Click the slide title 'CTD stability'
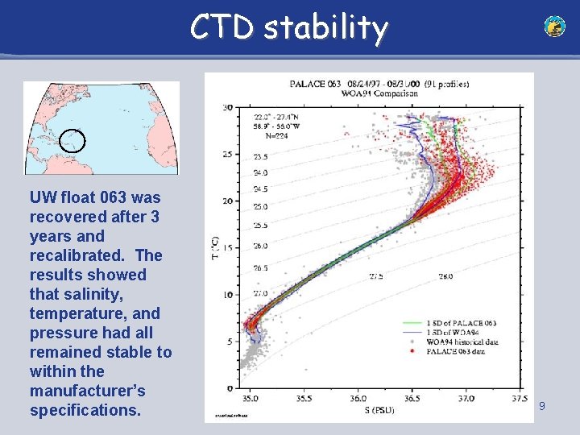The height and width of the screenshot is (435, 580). pos(289,27)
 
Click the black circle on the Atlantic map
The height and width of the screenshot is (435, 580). pos(72,141)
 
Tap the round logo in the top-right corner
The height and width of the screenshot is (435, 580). pos(554,27)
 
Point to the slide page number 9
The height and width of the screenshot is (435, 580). pos(542,407)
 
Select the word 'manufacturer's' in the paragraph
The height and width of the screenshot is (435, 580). pos(87,391)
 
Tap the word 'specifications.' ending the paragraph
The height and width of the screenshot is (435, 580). pos(85,410)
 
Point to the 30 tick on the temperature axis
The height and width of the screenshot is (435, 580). pos(228,107)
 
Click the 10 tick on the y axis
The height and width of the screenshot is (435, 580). pos(228,295)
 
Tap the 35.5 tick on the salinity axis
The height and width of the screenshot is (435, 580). pos(304,398)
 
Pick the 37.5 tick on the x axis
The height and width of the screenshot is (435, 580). pos(520,398)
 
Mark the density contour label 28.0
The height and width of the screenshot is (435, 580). pos(445,276)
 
